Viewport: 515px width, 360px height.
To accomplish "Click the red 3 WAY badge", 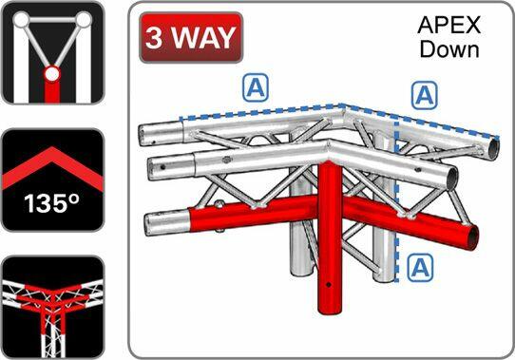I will (189, 38).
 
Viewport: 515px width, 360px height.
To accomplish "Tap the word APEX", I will (448, 25).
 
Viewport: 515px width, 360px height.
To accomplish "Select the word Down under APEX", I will (448, 48).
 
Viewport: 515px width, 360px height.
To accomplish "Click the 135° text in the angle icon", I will (51, 203).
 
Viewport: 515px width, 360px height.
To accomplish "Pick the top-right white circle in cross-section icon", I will (84, 20).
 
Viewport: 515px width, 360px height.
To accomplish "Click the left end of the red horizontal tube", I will (152, 225).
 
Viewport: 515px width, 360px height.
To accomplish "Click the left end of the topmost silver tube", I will (145, 131).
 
